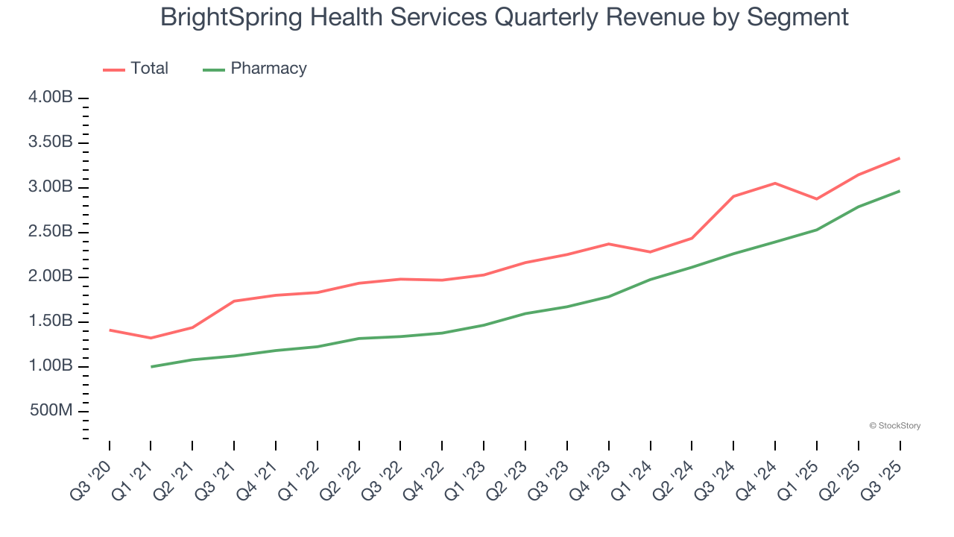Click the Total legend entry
pos(149,69)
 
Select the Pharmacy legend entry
pos(268,69)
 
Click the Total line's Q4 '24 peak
pos(775,183)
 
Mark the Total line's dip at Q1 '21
pos(151,338)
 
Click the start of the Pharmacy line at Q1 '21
pos(151,366)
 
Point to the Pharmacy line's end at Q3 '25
pos(900,191)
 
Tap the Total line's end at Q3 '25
pos(900,158)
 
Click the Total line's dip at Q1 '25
pos(817,199)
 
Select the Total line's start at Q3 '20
pos(110,330)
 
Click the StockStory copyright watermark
pos(894,426)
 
